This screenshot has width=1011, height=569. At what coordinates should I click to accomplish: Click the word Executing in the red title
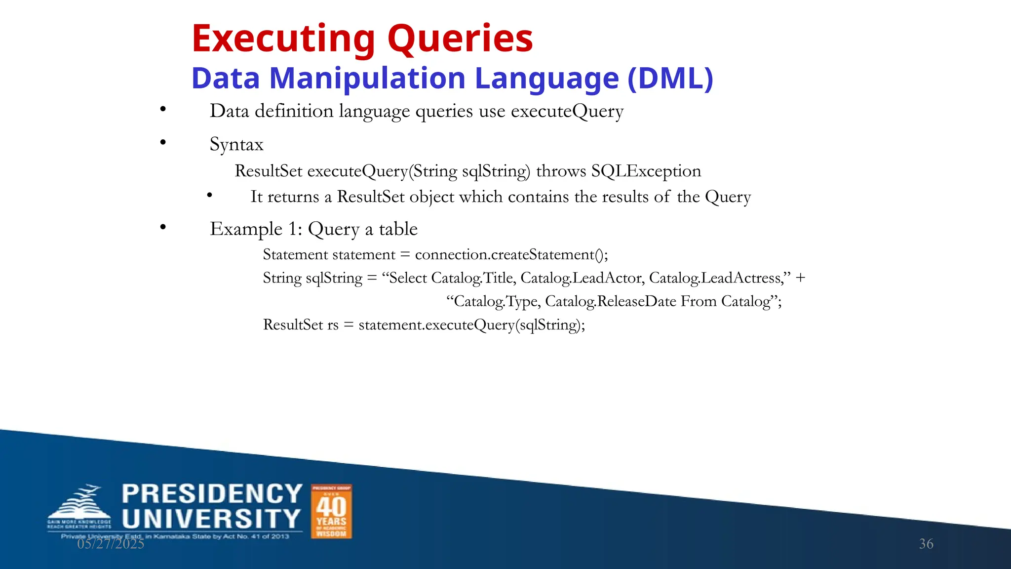pyautogui.click(x=283, y=40)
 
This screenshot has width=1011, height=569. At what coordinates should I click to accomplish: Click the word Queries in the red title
pyautogui.click(x=460, y=40)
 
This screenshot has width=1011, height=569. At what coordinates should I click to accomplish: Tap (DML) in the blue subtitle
pyautogui.click(x=670, y=79)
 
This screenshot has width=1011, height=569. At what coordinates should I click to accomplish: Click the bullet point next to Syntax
pyautogui.click(x=163, y=143)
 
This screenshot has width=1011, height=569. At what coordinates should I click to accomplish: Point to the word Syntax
pyautogui.click(x=236, y=145)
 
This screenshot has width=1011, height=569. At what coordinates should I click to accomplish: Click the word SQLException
pyautogui.click(x=646, y=171)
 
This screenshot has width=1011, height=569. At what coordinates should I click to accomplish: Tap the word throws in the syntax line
pyautogui.click(x=561, y=171)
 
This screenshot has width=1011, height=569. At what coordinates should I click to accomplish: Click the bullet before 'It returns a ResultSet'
pyautogui.click(x=210, y=196)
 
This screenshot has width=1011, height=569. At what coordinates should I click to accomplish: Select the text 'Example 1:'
pyautogui.click(x=256, y=229)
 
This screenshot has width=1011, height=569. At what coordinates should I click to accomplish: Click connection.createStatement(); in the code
pyautogui.click(x=511, y=255)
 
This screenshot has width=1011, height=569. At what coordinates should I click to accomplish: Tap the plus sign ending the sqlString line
pyautogui.click(x=800, y=278)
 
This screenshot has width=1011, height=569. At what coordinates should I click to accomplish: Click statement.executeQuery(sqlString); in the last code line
pyautogui.click(x=471, y=325)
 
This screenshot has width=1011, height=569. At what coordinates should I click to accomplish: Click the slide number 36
pyautogui.click(x=926, y=544)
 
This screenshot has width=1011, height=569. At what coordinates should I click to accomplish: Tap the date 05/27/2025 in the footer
pyautogui.click(x=111, y=544)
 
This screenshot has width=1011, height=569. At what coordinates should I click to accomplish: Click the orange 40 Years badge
pyautogui.click(x=331, y=511)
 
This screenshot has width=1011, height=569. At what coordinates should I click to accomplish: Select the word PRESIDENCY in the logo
pyautogui.click(x=212, y=494)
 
